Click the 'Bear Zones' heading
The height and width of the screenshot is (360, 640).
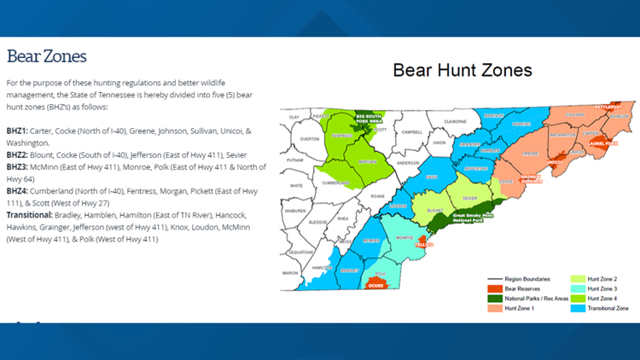(x=47, y=56)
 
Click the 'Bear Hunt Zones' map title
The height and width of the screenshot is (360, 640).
(x=462, y=70)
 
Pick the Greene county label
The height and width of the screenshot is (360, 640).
(x=530, y=154)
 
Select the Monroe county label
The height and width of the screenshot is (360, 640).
(x=404, y=237)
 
